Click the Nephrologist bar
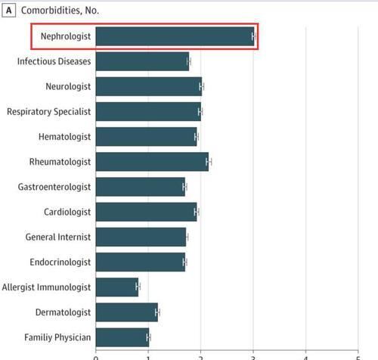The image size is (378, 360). (x=175, y=36)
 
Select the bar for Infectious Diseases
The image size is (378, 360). (x=142, y=61)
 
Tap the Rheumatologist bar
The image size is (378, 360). (x=152, y=162)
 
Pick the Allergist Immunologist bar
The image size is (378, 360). (x=117, y=287)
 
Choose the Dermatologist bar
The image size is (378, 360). (x=127, y=312)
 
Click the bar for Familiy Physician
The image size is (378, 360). (x=122, y=337)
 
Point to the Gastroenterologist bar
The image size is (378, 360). (x=141, y=187)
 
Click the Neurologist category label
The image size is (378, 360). (x=68, y=87)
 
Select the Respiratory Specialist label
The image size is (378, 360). (x=49, y=112)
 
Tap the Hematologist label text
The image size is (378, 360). (x=64, y=137)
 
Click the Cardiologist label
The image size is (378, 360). (x=67, y=212)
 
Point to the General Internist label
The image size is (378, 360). (x=58, y=237)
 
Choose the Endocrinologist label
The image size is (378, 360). (x=60, y=262)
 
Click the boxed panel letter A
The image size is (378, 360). (x=9, y=11)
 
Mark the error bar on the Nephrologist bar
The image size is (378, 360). (x=254, y=36)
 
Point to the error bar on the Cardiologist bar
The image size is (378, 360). (x=197, y=212)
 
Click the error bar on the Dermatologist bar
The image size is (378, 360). (x=157, y=312)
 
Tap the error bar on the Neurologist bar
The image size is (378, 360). (x=202, y=87)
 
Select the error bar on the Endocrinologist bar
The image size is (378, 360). (x=185, y=262)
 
